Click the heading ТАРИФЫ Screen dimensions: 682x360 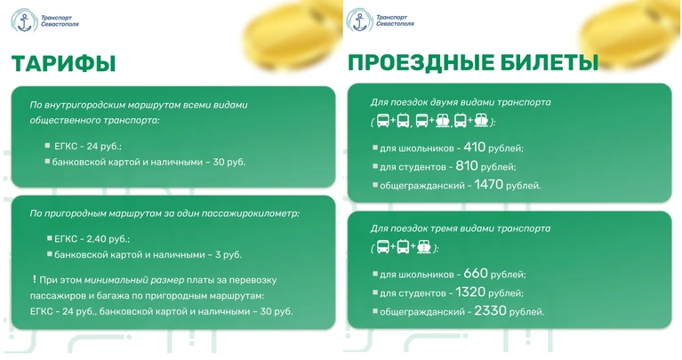(63, 63)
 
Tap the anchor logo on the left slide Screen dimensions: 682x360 (25, 20)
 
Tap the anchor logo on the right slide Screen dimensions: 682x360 (360, 20)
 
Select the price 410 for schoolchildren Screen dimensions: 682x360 (474, 147)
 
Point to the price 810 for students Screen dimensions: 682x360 (467, 165)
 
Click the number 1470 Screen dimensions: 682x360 (488, 184)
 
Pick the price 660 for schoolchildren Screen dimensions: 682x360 (476, 273)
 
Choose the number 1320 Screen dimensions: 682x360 (470, 292)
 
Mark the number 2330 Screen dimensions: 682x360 (490, 310)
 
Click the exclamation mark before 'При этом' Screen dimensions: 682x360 (34, 279)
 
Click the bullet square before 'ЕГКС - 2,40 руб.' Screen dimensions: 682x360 (50, 238)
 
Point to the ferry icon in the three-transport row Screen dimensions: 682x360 (423, 247)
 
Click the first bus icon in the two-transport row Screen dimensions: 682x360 (382, 120)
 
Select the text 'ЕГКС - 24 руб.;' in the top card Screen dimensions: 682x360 (88, 147)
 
